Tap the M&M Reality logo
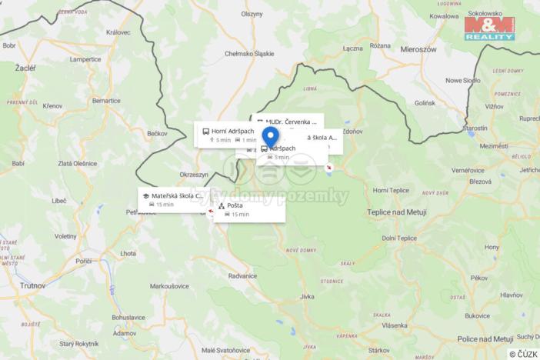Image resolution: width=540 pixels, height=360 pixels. point(489,28)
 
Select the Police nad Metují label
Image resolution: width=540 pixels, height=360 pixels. point(485,338)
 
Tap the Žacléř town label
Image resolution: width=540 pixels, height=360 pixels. point(25,68)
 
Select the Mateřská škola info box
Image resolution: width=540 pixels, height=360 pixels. point(173,199)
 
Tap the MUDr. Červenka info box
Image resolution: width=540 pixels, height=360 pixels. point(287,122)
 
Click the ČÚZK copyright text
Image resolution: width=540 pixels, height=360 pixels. point(523,354)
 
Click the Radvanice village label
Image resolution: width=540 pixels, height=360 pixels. point(242,275)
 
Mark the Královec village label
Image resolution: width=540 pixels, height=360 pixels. point(118,32)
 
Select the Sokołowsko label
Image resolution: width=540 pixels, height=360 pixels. point(491,15)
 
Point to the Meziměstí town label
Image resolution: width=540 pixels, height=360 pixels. point(493,145)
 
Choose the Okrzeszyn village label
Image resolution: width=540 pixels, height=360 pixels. point(194,175)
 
